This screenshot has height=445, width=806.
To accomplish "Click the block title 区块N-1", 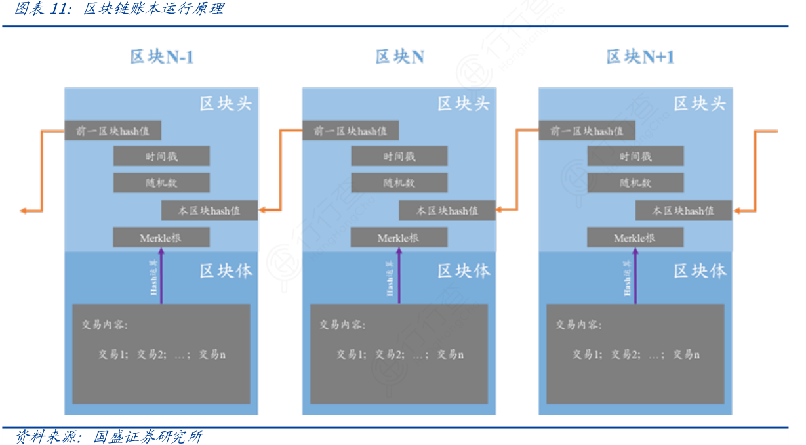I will pos(161,57).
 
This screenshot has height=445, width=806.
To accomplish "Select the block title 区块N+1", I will pos(640,57).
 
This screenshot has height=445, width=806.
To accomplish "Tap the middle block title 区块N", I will pos(399,57).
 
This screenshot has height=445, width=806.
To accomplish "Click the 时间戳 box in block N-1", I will pos(161,156).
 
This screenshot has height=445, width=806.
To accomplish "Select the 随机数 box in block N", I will pos(399,182).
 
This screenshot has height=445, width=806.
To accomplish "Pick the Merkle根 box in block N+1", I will pos(635,238).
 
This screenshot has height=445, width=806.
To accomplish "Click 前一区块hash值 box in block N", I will pos(350,131).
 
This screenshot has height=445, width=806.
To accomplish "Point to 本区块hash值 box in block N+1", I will pos(683,211).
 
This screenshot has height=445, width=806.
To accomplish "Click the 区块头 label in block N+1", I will pos(700,103).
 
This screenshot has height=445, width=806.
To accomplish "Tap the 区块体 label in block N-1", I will pos(226,270).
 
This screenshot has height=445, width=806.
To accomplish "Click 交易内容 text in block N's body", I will pos(342,325).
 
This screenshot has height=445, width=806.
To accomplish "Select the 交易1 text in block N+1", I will pos(587,354).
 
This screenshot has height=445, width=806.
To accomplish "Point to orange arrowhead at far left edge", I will pos(24,211).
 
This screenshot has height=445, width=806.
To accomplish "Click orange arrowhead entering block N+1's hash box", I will pos(737,211).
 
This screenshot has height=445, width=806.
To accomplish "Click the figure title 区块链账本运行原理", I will pos(153,9).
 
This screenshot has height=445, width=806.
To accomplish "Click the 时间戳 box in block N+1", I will pos(635,156).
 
